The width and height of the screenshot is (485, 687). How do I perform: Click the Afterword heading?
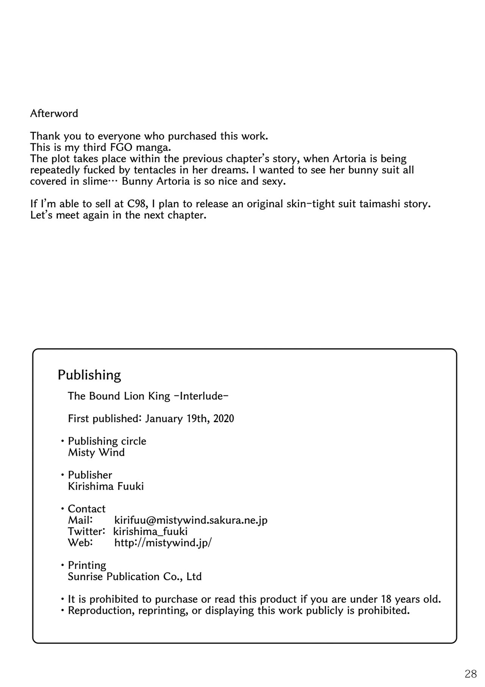click(54, 114)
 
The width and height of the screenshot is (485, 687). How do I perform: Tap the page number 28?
click(470, 674)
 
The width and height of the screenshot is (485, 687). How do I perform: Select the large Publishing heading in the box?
click(89, 375)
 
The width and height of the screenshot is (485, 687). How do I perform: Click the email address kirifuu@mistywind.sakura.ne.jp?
click(191, 520)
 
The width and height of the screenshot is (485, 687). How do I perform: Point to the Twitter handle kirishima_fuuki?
click(150, 532)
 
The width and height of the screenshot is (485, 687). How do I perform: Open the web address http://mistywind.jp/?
click(163, 543)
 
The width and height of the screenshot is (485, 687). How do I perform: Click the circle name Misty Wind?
click(96, 452)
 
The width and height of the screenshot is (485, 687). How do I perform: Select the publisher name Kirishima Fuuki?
click(106, 486)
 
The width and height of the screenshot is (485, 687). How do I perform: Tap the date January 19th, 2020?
click(189, 419)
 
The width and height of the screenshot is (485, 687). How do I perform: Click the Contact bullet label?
click(86, 509)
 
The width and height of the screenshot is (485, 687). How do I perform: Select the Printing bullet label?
click(87, 565)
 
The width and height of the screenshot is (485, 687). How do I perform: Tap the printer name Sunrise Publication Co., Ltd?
click(135, 577)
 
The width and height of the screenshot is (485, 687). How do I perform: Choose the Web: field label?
click(80, 543)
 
